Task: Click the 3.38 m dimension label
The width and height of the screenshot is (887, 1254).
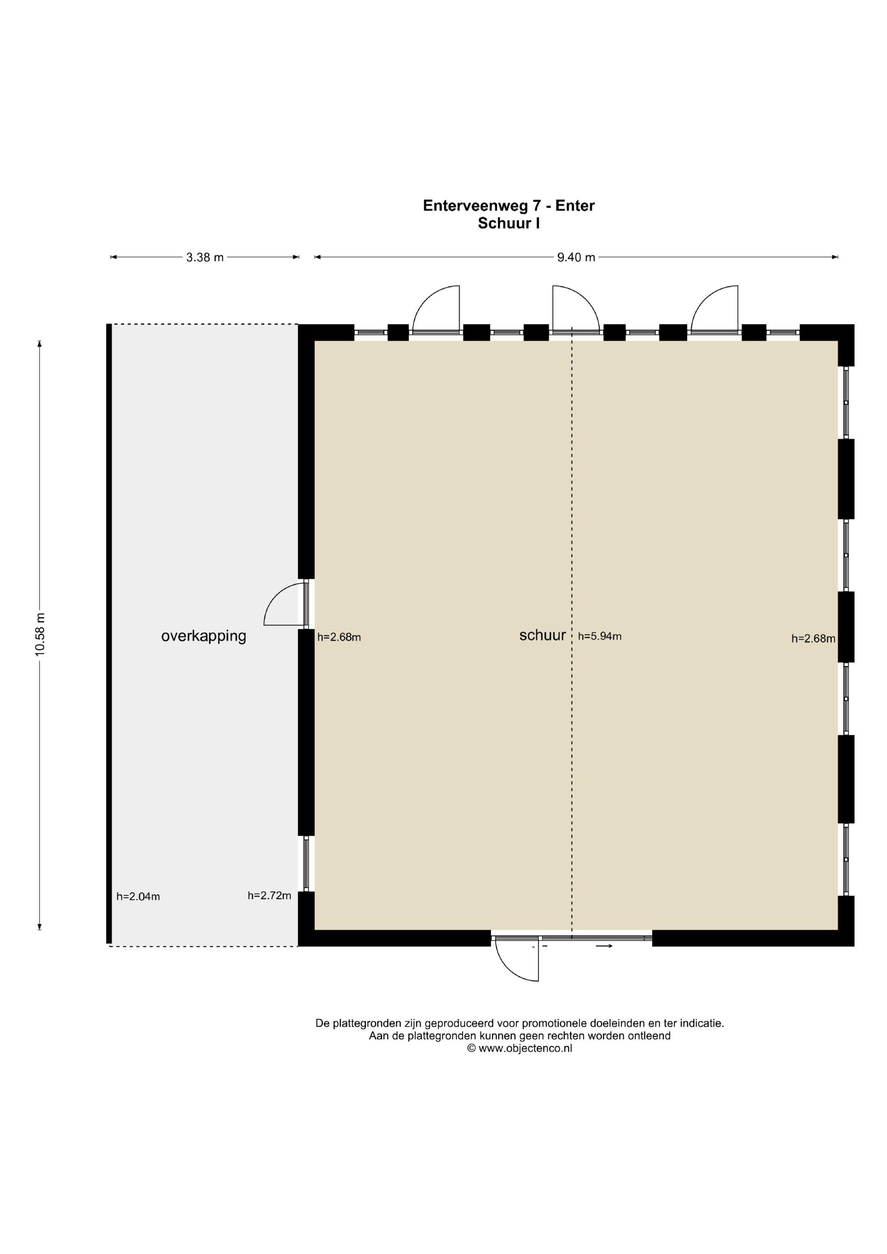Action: (x=205, y=257)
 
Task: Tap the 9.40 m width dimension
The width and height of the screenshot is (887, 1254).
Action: (x=576, y=257)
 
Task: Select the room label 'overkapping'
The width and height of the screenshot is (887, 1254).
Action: (x=204, y=636)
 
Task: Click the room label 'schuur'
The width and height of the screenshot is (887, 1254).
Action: (x=542, y=635)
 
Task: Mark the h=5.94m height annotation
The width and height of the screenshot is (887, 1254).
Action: (x=600, y=636)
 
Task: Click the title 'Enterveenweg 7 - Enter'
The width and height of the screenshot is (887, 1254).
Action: (x=508, y=205)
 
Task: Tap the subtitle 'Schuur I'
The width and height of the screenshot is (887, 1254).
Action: (x=508, y=223)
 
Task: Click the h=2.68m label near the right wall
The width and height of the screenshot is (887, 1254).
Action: (x=813, y=638)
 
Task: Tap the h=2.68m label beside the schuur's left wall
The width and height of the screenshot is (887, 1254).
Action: (x=339, y=637)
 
